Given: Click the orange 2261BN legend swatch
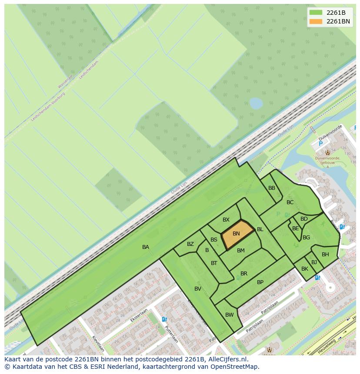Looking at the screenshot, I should point(316,21).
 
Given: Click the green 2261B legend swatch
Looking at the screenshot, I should point(316,12).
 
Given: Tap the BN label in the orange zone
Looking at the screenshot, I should point(236,234).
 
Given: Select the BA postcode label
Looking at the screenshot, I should point(146,247).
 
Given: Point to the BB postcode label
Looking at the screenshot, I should point(272,188).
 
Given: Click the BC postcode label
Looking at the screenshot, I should point(290,202).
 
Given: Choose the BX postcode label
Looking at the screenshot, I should point(226,220).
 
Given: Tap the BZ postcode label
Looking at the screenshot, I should point(190,244).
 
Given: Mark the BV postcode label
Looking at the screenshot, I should point(198,289).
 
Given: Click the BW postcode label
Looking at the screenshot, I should point(230,315).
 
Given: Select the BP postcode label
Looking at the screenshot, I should point(260,282).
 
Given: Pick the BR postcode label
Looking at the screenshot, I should point(244,274).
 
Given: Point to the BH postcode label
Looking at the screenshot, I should point(325,255).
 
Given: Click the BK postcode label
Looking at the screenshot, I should point(305,269).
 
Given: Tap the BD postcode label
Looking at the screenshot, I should point(304,219).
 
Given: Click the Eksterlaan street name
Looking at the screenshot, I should point(139,315).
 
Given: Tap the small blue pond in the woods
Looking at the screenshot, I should point(256,103).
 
